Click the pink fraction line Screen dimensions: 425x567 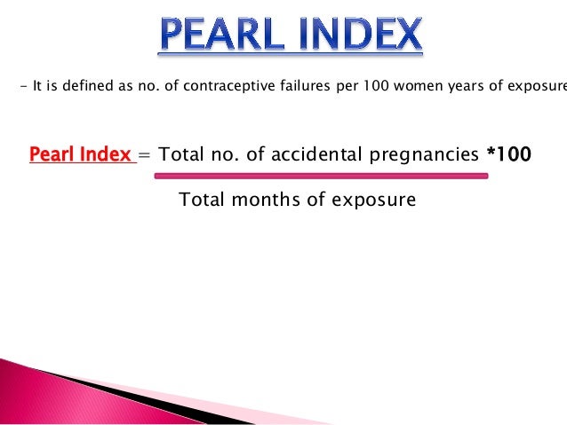321,176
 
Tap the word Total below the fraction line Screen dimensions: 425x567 203,200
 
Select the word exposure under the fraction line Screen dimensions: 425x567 373,200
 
